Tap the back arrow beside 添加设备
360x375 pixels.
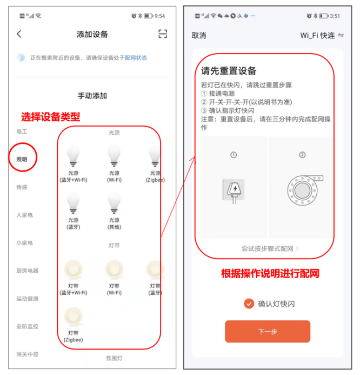pyautogui.click(x=19, y=34)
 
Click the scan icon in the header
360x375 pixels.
pyautogui.click(x=163, y=34)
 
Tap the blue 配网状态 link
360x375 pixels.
pyautogui.click(x=136, y=58)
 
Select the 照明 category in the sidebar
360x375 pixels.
pyautogui.click(x=22, y=159)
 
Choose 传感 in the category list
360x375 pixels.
pyautogui.click(x=22, y=187)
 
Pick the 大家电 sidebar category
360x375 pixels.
pyautogui.click(x=24, y=215)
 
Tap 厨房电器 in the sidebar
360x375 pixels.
pyautogui.click(x=27, y=271)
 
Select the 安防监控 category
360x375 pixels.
pyautogui.click(x=27, y=326)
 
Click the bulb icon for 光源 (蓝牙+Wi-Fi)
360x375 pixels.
pyautogui.click(x=73, y=156)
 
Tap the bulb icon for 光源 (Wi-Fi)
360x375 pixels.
pyautogui.click(x=114, y=156)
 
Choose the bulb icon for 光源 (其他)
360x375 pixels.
pyautogui.click(x=114, y=203)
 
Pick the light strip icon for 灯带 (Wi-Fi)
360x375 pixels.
pyautogui.click(x=114, y=269)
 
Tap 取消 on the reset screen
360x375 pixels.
pyautogui.click(x=199, y=36)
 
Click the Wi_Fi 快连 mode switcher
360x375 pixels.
pyautogui.click(x=322, y=35)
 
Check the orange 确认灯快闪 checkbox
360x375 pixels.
pyautogui.click(x=249, y=304)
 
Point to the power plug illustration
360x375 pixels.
pyautogui.click(x=234, y=191)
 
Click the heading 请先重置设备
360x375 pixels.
pyautogui.click(x=229, y=71)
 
